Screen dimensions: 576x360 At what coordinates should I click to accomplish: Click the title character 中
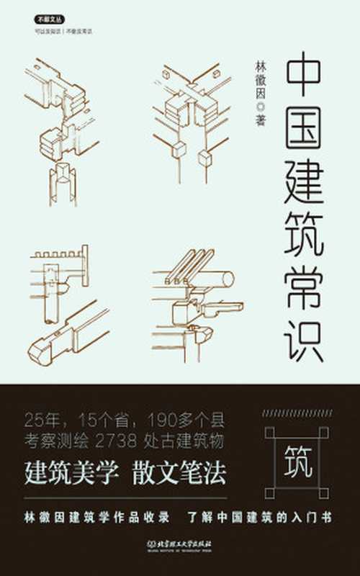pos(305,77)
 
